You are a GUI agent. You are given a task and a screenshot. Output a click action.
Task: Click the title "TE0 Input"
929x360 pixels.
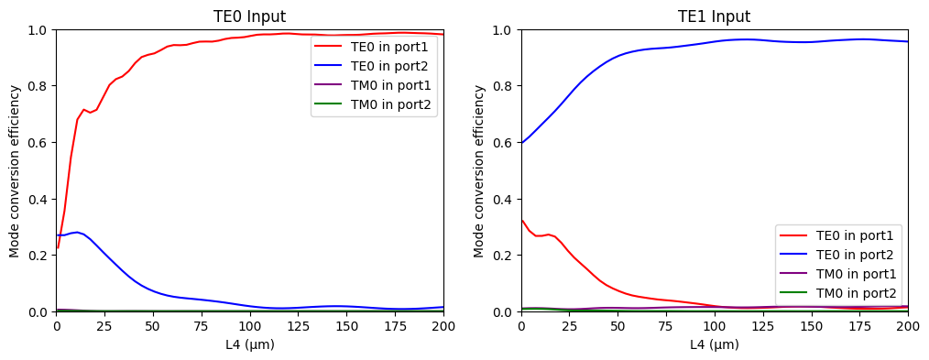[249, 16]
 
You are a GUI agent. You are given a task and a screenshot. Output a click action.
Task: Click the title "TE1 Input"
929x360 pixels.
[714, 16]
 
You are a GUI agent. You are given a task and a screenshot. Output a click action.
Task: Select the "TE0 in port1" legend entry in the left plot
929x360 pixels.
[389, 47]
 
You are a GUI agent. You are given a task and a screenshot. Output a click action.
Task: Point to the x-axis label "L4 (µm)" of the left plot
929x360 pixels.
[249, 344]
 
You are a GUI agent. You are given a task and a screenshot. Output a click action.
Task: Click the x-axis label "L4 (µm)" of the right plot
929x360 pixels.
[714, 344]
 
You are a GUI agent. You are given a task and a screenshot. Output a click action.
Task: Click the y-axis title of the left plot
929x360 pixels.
[16, 171]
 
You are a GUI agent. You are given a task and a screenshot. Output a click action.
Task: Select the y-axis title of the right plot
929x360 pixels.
[480, 171]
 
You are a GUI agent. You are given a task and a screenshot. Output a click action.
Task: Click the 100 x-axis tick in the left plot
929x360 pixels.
[249, 327]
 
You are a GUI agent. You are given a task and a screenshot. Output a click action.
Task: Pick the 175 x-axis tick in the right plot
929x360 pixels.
[859, 327]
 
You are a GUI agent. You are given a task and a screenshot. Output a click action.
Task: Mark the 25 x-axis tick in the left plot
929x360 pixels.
[104, 327]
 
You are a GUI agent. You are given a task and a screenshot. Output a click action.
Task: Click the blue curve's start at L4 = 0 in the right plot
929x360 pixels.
[521, 143]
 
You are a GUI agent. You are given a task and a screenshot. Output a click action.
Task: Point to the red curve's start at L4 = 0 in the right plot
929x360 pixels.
[521, 220]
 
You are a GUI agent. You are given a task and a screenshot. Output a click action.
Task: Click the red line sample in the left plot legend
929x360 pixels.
[330, 47]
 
